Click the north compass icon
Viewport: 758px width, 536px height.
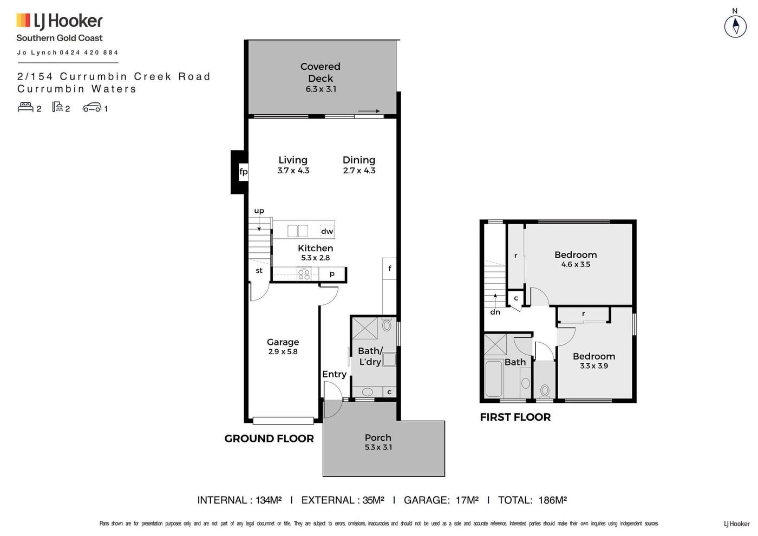[735, 26]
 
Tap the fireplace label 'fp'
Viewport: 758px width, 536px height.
[243, 172]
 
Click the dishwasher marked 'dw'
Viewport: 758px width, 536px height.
[327, 231]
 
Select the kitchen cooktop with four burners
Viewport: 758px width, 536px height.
[304, 274]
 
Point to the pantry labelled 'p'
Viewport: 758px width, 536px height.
[332, 274]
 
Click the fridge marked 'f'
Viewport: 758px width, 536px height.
[389, 269]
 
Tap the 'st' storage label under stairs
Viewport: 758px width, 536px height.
[259, 271]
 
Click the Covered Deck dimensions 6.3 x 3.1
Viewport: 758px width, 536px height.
[321, 89]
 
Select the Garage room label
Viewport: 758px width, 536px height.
[283, 342]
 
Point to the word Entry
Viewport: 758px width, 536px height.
[335, 374]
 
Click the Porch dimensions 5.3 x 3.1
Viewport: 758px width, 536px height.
[378, 447]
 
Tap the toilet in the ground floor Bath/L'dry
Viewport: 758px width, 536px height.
[387, 325]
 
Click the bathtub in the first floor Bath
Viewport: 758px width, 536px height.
[494, 378]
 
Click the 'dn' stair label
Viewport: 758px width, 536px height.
[495, 312]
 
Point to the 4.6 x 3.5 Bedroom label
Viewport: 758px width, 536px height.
[576, 259]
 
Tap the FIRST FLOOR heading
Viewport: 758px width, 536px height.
[515, 417]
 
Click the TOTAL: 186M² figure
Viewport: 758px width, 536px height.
[532, 500]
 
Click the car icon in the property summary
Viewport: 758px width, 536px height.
[92, 107]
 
